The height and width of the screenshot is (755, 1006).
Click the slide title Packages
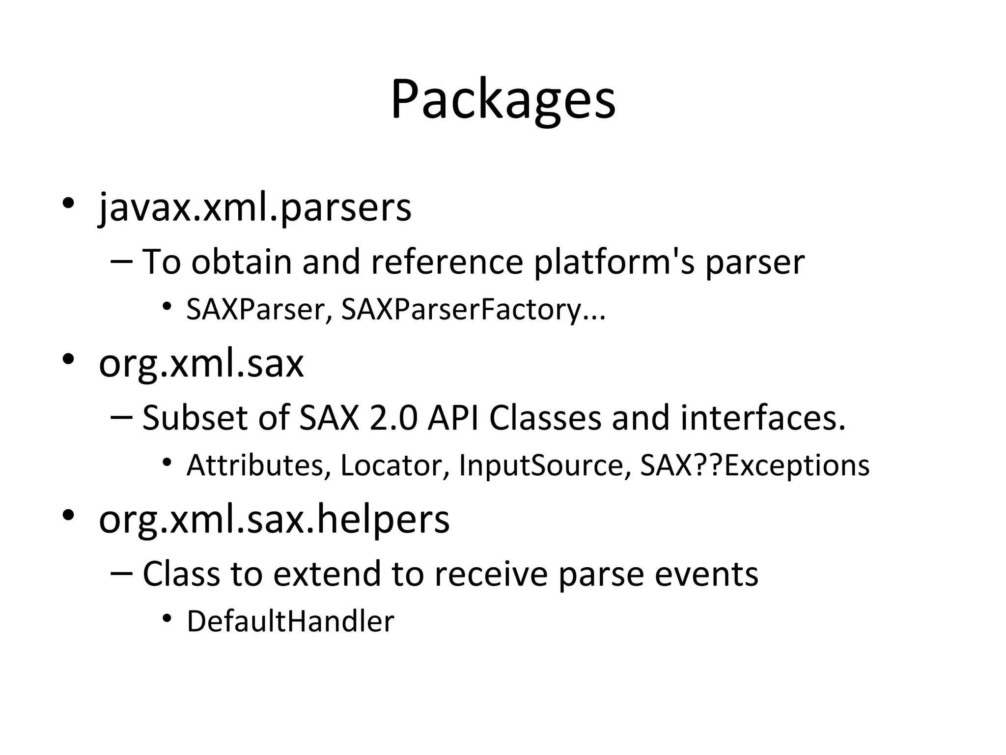coord(503,100)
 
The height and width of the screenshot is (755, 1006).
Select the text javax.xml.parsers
coord(255,208)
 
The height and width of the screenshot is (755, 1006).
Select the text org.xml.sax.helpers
coord(274,520)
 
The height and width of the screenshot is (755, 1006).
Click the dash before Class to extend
coord(122,573)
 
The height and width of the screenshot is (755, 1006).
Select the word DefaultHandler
coord(290,621)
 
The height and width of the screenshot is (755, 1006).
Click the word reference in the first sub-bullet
coord(447,262)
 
